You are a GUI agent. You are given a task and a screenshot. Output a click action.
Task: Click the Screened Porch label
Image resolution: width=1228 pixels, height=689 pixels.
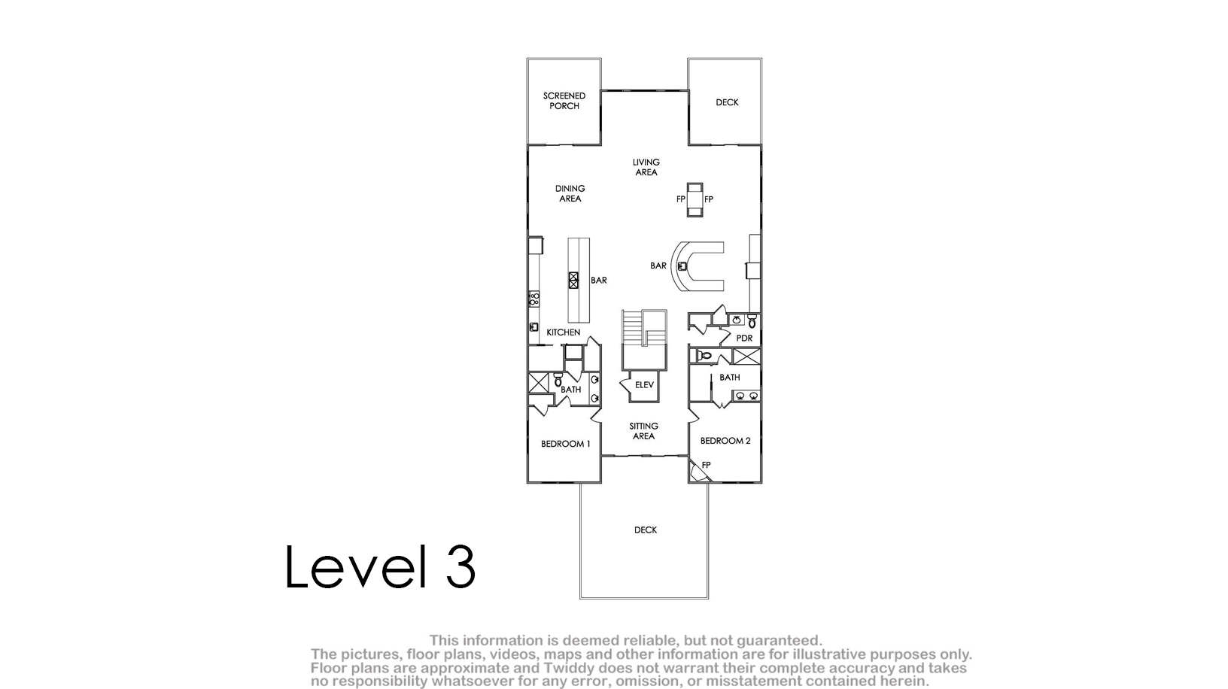pos(564,101)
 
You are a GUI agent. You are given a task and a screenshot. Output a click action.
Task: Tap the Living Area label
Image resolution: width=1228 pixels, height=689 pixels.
pos(646,167)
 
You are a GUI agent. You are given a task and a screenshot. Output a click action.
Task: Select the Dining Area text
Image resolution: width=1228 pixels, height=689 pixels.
pos(570,193)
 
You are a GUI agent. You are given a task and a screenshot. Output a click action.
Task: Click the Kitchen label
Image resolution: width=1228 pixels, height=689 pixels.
pos(563,332)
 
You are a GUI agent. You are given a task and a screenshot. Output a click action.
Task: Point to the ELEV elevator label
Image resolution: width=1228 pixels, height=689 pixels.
pos(644,385)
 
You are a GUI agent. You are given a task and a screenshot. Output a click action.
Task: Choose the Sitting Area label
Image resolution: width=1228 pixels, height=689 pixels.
pos(643,431)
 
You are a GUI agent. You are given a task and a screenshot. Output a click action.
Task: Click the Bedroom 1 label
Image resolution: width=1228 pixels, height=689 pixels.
pos(565,444)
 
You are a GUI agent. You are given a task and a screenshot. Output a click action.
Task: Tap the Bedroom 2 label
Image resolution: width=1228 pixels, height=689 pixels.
pos(725,441)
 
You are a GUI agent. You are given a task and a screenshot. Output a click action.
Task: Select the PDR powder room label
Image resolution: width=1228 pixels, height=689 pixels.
pos(744,338)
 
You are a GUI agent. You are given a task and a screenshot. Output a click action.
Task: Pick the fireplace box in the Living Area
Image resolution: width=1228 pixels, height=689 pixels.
pos(695,199)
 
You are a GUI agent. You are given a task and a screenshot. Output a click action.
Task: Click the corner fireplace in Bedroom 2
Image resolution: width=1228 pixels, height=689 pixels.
pos(698,472)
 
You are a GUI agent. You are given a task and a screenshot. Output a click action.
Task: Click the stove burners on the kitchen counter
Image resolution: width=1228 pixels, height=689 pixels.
pos(534,299)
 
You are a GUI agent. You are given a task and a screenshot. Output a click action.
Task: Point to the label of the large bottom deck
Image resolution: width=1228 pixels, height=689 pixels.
pos(646,530)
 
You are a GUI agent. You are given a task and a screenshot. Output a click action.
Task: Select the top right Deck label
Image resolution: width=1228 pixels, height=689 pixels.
pos(727,102)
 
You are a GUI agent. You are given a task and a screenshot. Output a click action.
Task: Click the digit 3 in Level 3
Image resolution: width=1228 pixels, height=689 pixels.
pos(460,566)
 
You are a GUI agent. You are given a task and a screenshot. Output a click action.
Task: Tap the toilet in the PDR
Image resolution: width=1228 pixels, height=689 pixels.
pos(752,321)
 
